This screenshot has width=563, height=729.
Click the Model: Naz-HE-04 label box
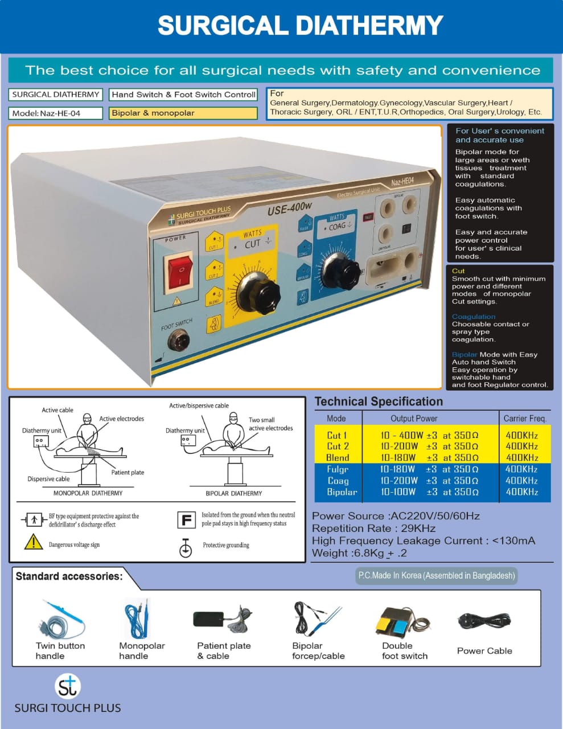point(55,113)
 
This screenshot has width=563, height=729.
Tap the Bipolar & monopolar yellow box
point(183,113)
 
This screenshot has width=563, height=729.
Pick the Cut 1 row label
point(337,435)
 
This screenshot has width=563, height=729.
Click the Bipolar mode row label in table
point(342,492)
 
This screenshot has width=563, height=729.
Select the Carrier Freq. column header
point(525,418)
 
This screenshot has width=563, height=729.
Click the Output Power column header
point(414,418)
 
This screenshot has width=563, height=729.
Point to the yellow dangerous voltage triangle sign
point(34,542)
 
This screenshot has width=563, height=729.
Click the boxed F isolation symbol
point(186,520)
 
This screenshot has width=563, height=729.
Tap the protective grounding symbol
point(186,548)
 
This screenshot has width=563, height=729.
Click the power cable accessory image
point(484,620)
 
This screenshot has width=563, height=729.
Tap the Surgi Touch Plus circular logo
point(68,686)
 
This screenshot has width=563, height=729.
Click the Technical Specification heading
point(379,402)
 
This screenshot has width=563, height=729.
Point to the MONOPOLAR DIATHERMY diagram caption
point(88,493)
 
